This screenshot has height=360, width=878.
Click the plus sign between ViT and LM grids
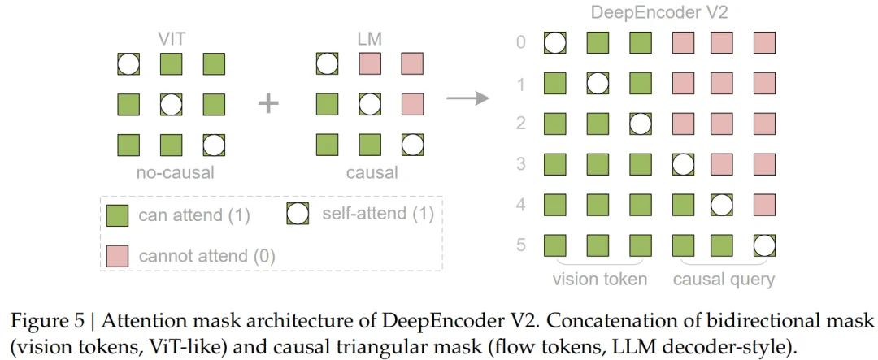[268, 104]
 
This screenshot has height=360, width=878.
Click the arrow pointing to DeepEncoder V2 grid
[467, 98]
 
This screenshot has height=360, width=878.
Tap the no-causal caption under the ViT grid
[171, 172]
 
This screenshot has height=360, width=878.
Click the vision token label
[599, 279]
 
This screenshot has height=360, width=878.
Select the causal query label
[724, 279]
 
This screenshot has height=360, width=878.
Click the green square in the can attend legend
[117, 215]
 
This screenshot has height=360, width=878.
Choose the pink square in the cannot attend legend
[117, 255]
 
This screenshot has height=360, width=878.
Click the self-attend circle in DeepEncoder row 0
[556, 42]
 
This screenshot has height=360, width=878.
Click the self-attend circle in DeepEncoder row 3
[682, 163]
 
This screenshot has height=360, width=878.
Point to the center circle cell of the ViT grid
[171, 104]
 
